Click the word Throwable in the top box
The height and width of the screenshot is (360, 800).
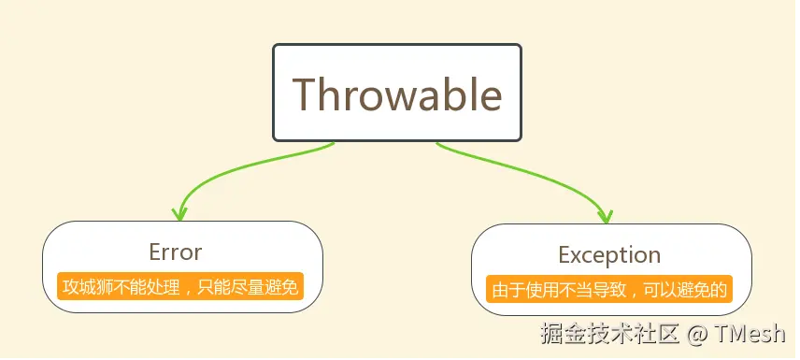pyautogui.click(x=397, y=94)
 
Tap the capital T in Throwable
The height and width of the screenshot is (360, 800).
pyautogui.click(x=306, y=94)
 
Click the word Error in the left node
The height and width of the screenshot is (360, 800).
pyautogui.click(x=175, y=252)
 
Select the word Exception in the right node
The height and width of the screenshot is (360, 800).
pyautogui.click(x=609, y=254)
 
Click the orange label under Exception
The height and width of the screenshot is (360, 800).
pyautogui.click(x=610, y=289)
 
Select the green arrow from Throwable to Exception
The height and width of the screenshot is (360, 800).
pyautogui.click(x=533, y=173)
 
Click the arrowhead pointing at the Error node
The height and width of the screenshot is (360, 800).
pyautogui.click(x=180, y=212)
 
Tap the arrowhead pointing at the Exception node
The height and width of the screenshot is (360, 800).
pyautogui.click(x=607, y=215)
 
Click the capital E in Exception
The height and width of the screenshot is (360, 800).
pyautogui.click(x=564, y=254)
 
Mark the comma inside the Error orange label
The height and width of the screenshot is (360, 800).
pyautogui.click(x=191, y=289)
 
